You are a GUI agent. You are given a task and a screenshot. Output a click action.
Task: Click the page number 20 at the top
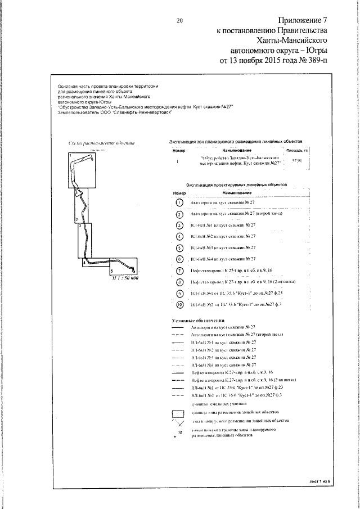tap(180, 21)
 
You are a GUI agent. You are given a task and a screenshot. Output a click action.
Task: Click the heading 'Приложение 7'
tap(300, 21)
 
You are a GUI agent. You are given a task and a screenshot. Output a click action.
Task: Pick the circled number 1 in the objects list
tap(179, 202)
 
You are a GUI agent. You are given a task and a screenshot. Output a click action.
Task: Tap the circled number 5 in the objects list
tap(179, 248)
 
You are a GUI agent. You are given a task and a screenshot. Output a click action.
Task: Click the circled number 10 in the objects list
tap(179, 305)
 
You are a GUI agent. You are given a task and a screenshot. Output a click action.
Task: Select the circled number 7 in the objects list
tap(179, 271)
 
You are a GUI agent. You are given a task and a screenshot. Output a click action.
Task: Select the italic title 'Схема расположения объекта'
tap(101, 144)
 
